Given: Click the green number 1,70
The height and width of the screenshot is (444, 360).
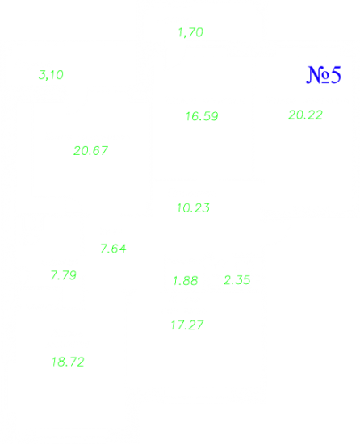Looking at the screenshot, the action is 190,32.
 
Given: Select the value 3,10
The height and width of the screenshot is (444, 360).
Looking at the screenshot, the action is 51,75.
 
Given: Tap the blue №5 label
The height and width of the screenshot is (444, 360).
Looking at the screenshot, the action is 324,75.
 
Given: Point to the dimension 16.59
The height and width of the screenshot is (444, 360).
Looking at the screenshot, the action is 202,116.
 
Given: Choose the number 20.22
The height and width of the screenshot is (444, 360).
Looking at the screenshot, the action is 305,115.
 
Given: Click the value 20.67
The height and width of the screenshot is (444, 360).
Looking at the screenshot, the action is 90,151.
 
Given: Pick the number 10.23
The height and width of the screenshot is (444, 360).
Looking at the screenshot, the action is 193,208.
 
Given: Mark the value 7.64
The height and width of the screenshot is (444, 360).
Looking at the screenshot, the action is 113,249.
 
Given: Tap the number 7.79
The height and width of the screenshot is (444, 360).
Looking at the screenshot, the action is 64,275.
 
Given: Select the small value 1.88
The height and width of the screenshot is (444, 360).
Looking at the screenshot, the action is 186,281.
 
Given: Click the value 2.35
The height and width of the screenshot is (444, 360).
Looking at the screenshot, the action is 237,280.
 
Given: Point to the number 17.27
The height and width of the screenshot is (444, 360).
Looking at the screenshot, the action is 187,325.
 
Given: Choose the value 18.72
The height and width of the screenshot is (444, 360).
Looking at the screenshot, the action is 68,362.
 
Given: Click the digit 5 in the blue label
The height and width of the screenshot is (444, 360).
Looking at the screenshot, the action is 335,75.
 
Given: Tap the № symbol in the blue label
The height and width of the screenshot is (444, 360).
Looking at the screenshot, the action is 317,75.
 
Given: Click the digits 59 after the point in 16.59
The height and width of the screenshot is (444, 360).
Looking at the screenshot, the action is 211,116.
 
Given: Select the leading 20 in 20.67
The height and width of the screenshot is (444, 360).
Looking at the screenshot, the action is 82,151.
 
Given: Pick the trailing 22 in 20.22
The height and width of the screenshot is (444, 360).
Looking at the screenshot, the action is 315,115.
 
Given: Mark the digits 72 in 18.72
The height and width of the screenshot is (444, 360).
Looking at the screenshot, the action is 77,362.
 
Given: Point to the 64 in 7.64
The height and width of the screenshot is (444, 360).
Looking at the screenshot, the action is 119,249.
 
